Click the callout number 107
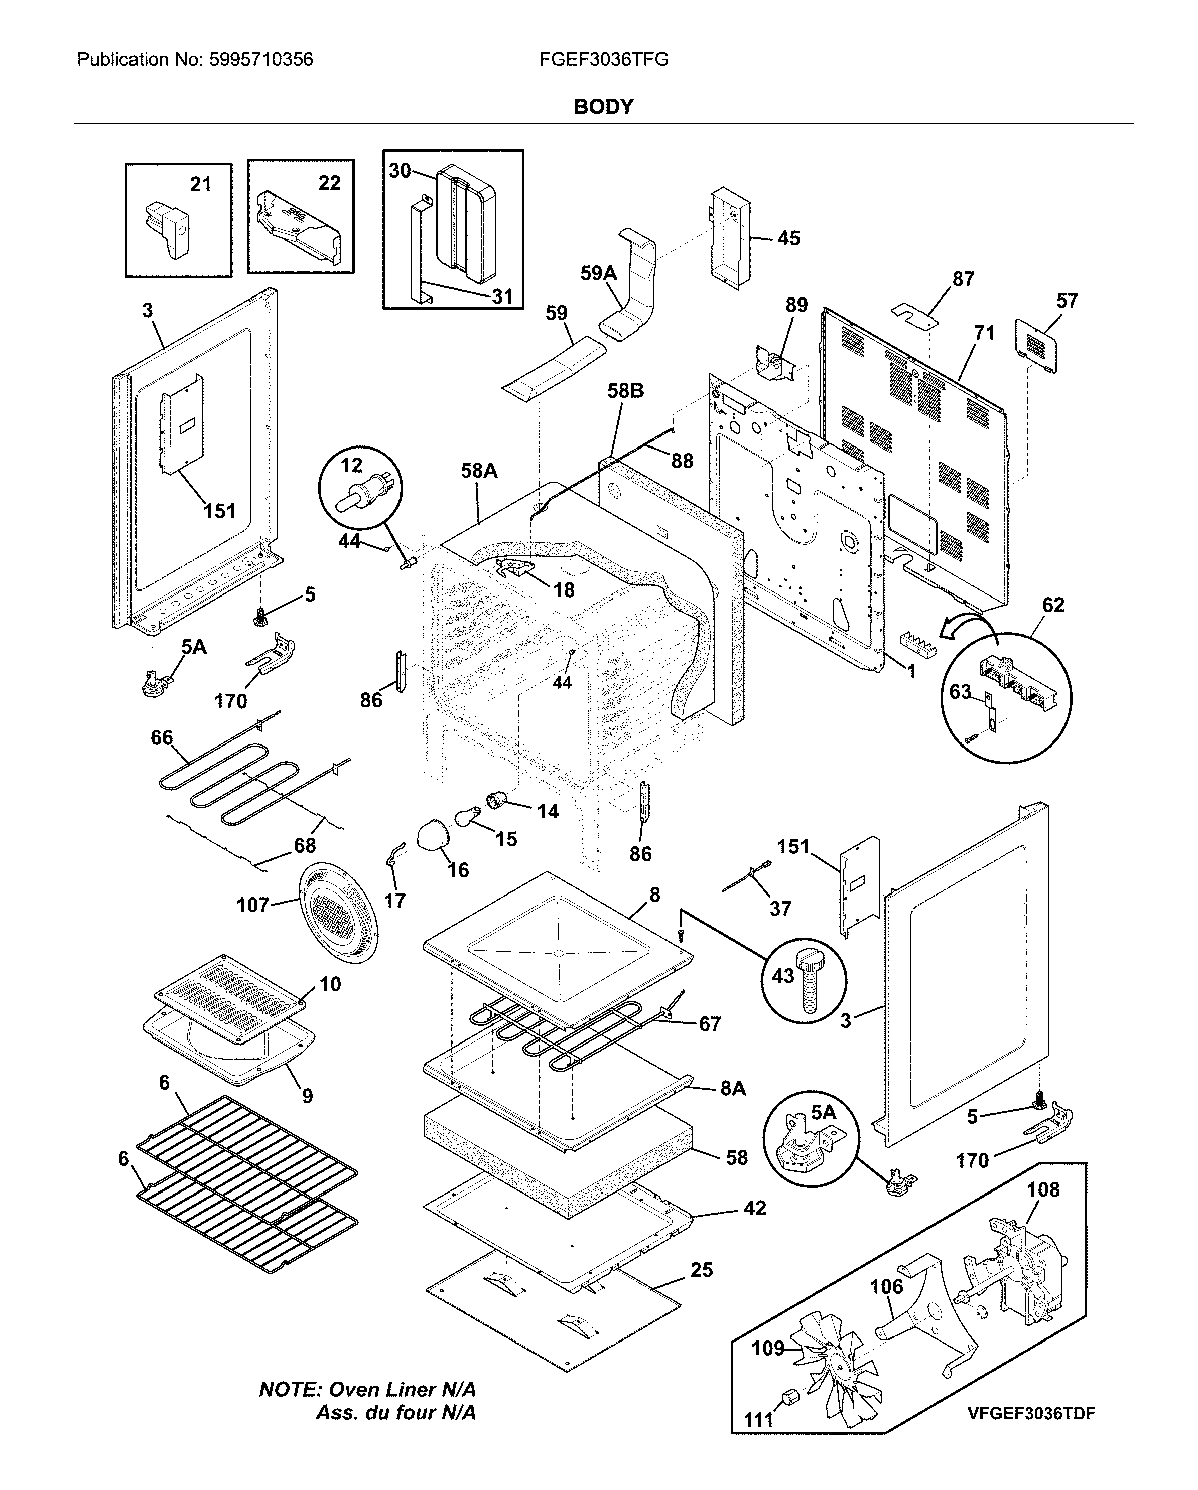coord(252,904)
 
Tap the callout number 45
coord(789,238)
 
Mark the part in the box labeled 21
coord(169,229)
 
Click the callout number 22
coord(329,183)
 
